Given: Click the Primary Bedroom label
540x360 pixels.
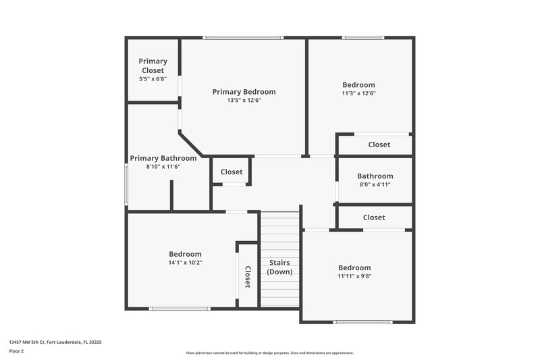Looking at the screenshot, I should pos(244,92).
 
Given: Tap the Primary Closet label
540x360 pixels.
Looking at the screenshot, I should pos(153,66).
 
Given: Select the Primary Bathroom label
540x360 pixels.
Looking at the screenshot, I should pos(163,158).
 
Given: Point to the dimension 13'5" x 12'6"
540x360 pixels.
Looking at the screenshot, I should pos(244,101).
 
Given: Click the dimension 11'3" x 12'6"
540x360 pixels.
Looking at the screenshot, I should pos(358,94).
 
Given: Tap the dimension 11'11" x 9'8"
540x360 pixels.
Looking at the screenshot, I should pos(354,276).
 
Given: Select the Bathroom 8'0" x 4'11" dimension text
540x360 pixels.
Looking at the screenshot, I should pos(375,184).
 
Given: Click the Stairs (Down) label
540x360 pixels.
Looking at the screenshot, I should pos(280,267).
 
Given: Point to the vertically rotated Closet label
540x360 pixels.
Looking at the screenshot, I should pos(248,277).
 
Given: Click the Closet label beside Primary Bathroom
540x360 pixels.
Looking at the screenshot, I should pos(232,172).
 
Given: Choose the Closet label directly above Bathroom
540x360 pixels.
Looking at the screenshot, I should pos(379,145).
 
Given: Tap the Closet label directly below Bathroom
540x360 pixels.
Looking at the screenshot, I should pos(374,217).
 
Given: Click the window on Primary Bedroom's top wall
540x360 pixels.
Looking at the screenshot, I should pos(244,38).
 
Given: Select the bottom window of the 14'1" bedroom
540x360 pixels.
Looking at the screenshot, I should pos(179,309).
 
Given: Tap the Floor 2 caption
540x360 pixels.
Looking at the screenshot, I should pos(16,352).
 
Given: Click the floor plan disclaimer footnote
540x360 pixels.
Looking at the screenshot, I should pos(270,353).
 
